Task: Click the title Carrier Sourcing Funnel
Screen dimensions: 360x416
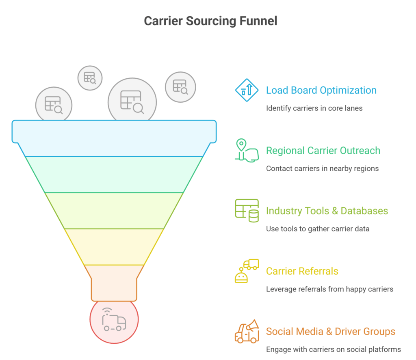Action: tap(210, 21)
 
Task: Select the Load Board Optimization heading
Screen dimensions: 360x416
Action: tap(321, 90)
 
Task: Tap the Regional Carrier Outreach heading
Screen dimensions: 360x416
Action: tap(323, 151)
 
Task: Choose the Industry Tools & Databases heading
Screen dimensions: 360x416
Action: tap(327, 211)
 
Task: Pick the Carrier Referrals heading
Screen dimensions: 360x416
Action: tap(302, 271)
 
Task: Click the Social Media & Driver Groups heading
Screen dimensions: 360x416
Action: tap(330, 332)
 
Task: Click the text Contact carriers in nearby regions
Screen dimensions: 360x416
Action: tap(322, 168)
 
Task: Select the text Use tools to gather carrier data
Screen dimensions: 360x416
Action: tap(318, 229)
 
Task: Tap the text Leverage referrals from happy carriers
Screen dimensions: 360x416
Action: tap(329, 289)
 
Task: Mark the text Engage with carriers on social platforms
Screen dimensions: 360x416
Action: tap(333, 349)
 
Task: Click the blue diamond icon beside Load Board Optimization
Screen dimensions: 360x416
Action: tap(247, 90)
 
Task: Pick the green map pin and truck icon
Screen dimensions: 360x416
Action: tap(247, 151)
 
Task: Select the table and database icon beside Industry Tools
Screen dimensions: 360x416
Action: tap(247, 211)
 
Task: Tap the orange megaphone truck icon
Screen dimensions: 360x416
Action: tap(247, 331)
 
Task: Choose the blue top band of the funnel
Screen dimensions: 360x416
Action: tap(114, 138)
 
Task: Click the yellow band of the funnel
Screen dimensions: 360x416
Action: tap(114, 247)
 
